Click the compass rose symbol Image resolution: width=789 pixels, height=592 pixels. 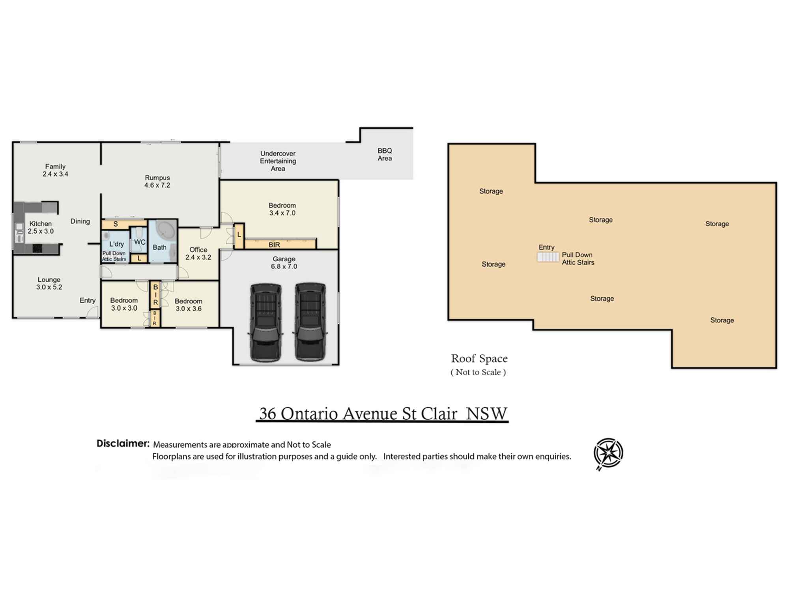(x=608, y=453)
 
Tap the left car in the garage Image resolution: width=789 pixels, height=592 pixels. (x=265, y=322)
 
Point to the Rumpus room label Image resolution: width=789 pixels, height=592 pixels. (x=157, y=182)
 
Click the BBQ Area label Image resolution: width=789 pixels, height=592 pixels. (x=385, y=155)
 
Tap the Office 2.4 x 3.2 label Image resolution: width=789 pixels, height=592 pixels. (x=198, y=253)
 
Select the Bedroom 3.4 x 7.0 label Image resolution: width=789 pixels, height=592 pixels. (x=282, y=209)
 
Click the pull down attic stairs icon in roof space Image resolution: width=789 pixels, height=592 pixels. (x=548, y=257)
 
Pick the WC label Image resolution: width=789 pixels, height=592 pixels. (x=140, y=242)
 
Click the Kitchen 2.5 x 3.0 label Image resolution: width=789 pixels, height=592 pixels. (x=41, y=227)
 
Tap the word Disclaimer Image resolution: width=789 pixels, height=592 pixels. (x=123, y=444)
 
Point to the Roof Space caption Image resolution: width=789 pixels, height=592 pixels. (x=479, y=359)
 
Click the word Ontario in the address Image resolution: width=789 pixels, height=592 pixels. (x=309, y=414)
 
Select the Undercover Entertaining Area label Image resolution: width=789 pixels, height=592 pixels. (x=278, y=161)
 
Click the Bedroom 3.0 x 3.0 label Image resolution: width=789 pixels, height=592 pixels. (x=124, y=304)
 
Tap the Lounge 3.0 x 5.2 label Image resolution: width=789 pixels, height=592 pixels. (x=49, y=283)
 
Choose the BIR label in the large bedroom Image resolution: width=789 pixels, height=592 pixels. (x=274, y=245)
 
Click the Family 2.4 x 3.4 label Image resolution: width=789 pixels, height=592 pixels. (x=55, y=170)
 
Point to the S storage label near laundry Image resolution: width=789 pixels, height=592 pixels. (x=116, y=224)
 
